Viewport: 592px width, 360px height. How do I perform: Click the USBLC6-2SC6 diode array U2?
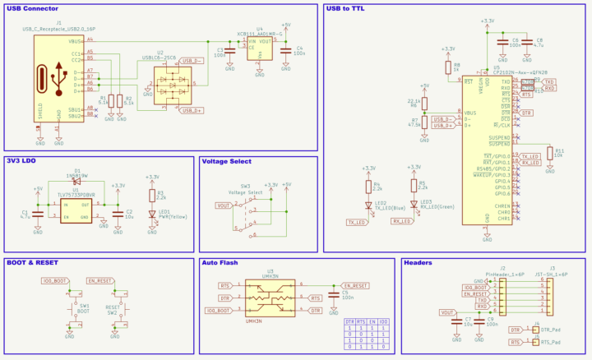(x=171, y=84)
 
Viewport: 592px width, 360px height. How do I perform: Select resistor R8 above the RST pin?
(x=448, y=67)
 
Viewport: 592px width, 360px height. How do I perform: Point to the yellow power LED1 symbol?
(x=151, y=212)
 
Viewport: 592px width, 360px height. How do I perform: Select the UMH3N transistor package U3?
(x=265, y=298)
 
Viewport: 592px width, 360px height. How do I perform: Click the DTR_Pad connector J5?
(x=536, y=330)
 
